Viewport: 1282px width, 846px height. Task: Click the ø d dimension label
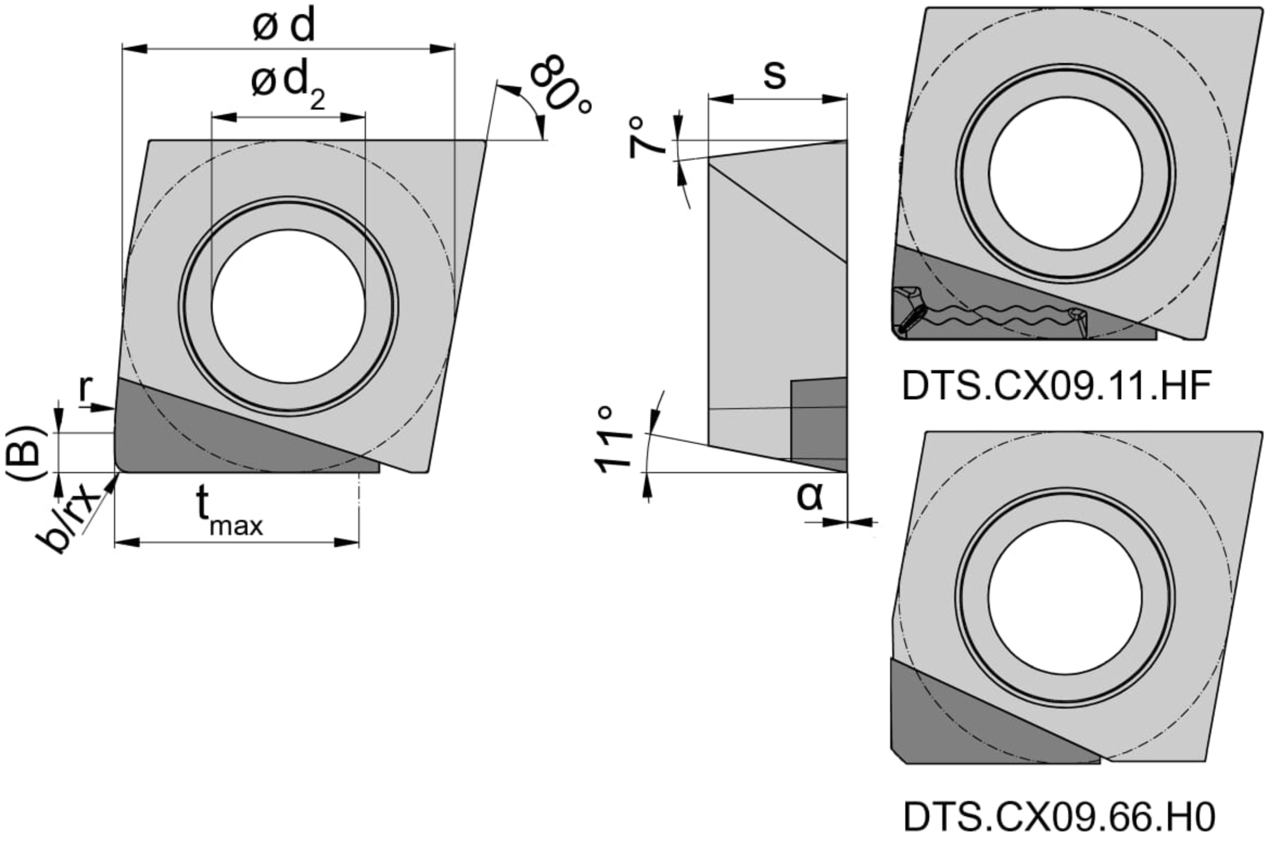(x=284, y=26)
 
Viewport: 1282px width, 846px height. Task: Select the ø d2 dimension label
(x=288, y=85)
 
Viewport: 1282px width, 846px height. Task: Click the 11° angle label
(x=613, y=439)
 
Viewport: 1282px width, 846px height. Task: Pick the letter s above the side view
(x=775, y=75)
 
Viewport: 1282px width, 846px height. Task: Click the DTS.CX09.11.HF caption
(x=1056, y=386)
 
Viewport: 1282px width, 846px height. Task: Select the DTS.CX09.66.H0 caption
(x=1059, y=817)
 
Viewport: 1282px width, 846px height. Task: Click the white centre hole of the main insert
(x=288, y=306)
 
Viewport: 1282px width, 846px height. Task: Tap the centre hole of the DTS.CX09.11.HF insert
(x=1065, y=173)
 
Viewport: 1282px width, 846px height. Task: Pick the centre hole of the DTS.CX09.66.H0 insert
(x=1065, y=596)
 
